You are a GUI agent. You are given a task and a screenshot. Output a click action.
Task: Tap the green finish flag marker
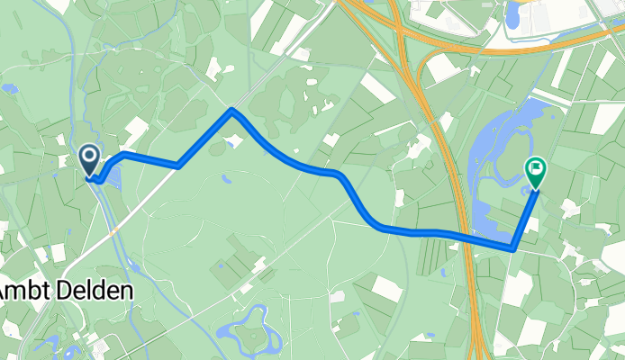(x=535, y=171)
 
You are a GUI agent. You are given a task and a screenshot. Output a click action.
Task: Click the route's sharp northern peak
(x=232, y=111)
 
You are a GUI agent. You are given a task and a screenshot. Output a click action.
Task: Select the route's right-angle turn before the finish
(x=512, y=247)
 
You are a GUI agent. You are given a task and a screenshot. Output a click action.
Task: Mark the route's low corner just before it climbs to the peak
(x=180, y=166)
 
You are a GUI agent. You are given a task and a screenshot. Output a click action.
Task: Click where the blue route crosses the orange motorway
(x=470, y=239)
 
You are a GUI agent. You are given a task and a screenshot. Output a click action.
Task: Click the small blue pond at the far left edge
(x=8, y=89)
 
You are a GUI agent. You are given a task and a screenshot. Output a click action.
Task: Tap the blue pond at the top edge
(x=513, y=13)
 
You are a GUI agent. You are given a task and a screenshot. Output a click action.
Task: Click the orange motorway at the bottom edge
(x=476, y=351)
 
